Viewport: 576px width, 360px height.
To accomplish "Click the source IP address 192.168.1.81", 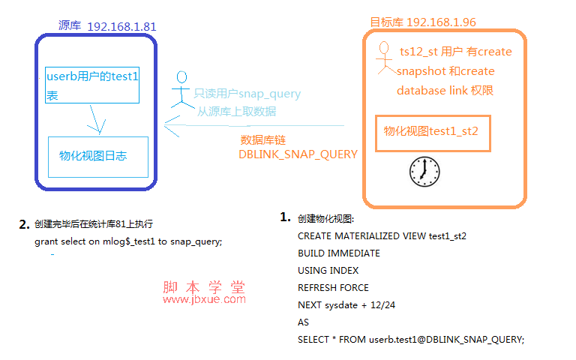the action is click(121, 26).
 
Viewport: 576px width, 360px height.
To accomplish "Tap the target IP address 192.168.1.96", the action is click(441, 22).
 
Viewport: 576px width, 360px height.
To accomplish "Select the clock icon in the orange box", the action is click(424, 172).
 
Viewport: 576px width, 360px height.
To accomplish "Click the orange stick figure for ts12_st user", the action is click(385, 58).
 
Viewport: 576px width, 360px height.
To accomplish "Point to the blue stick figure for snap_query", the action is click(181, 90).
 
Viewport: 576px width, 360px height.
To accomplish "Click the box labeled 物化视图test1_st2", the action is click(433, 133).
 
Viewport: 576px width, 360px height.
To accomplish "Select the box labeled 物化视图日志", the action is click(98, 157).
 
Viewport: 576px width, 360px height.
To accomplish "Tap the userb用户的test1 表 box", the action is click(92, 85).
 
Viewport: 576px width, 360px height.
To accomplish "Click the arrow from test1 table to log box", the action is click(95, 119).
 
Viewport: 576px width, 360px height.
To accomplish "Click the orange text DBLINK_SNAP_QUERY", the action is click(298, 154).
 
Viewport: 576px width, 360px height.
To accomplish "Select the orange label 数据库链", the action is click(263, 140).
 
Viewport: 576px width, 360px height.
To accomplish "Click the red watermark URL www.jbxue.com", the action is click(204, 299).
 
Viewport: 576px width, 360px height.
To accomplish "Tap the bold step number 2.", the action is click(24, 224).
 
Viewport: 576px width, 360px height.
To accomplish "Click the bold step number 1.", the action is click(285, 217).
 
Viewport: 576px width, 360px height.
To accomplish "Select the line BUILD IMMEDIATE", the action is click(339, 253).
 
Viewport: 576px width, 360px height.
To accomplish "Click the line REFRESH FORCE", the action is click(333, 288).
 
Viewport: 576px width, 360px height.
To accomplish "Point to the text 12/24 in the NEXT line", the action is click(382, 305).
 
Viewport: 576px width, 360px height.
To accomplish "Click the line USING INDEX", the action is click(328, 270).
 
